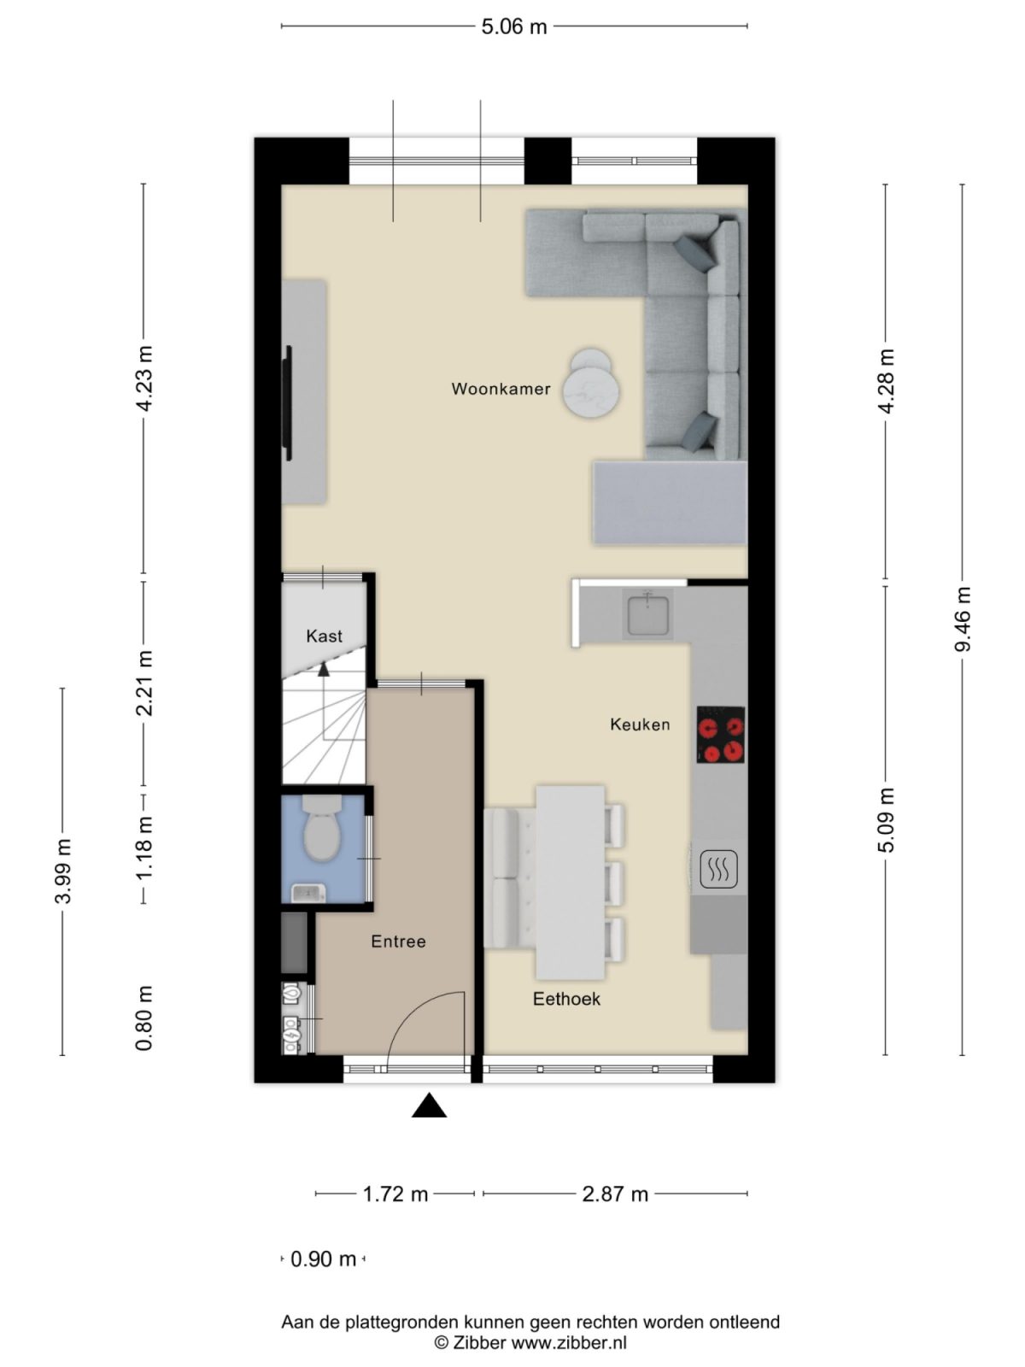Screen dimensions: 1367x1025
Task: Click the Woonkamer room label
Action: [x=501, y=390]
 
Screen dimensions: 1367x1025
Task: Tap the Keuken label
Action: [x=639, y=725]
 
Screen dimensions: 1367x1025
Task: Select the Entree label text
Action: [x=398, y=942]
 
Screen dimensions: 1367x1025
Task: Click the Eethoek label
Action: [x=566, y=999]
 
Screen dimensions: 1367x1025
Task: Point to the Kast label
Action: [x=324, y=637]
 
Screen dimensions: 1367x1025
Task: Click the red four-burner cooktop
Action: [x=720, y=735]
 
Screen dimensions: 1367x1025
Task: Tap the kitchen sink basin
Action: [x=648, y=615]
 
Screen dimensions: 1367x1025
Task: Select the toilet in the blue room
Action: [x=322, y=830]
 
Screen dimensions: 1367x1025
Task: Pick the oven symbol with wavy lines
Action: [x=718, y=871]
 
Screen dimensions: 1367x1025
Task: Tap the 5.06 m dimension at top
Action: [x=513, y=26]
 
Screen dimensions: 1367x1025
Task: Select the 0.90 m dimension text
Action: [x=323, y=1259]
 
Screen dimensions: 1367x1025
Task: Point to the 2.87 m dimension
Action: [x=615, y=1194]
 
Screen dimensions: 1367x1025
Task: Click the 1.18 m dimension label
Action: [x=144, y=848]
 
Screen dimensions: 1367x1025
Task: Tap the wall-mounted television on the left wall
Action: [x=288, y=403]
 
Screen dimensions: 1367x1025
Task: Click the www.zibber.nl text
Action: [x=569, y=1342]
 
